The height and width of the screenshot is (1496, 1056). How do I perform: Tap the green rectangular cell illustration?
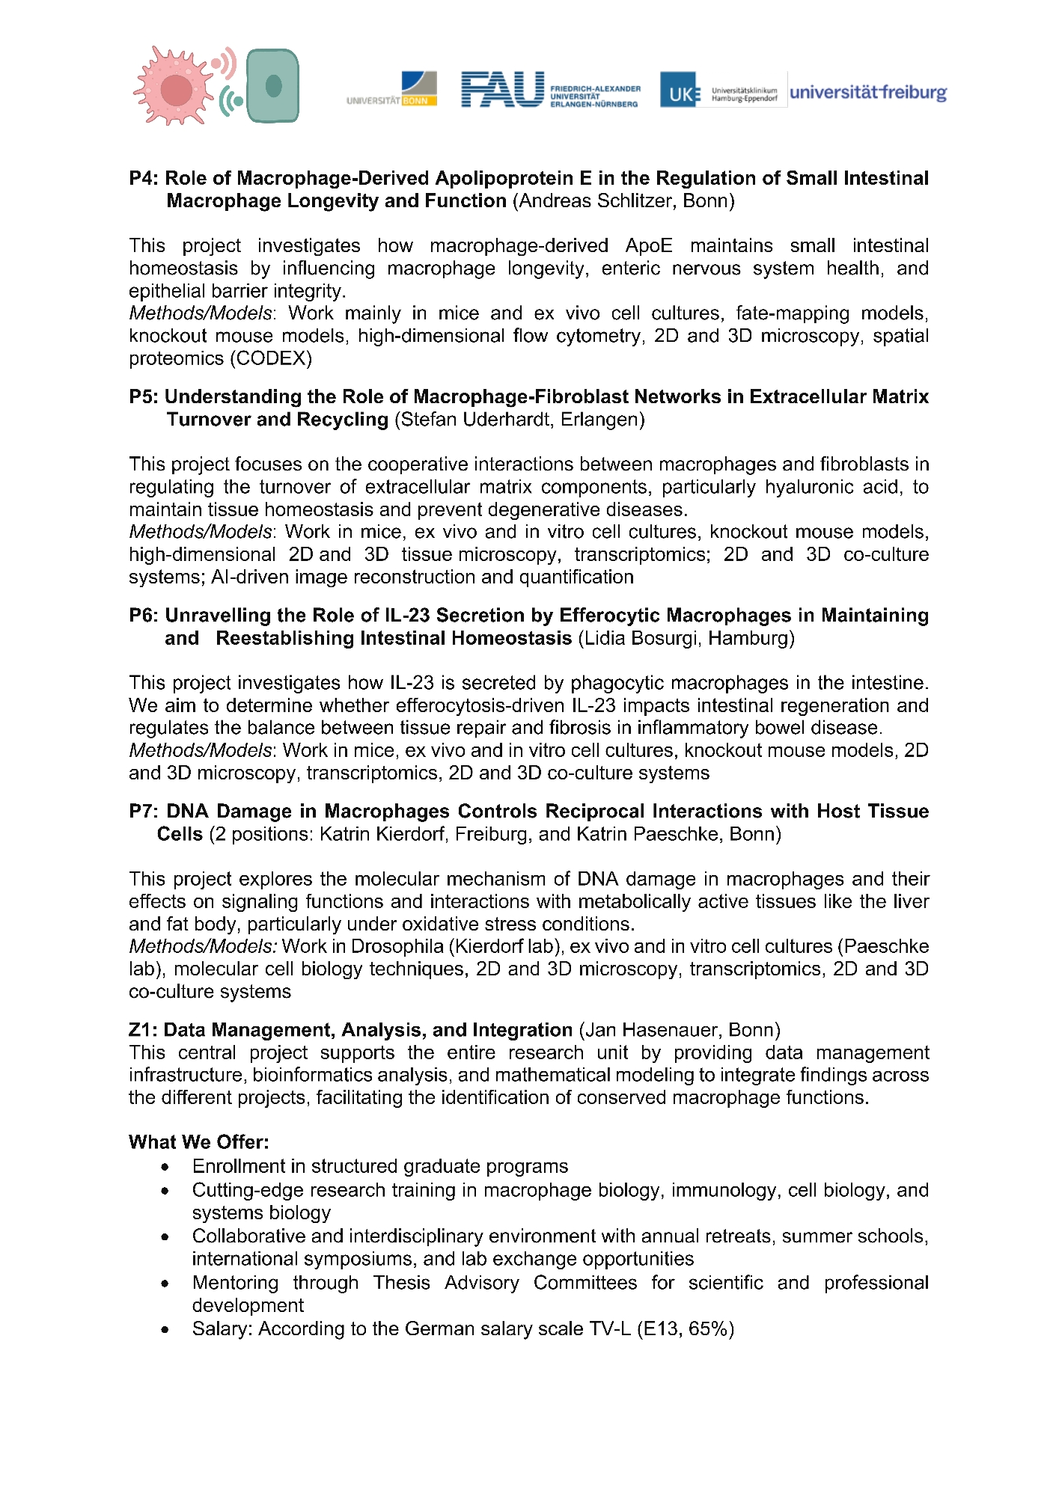click(272, 85)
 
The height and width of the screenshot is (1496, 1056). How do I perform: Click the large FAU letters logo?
click(502, 90)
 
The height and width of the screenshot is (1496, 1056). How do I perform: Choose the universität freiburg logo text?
click(868, 93)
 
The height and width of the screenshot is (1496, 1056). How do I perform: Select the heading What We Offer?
click(198, 1142)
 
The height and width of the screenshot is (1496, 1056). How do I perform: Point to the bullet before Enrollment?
click(165, 1167)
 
